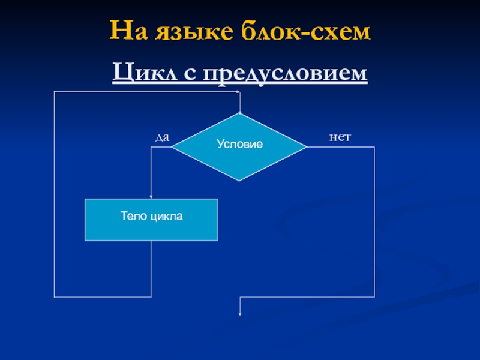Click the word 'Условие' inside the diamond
coord(239,145)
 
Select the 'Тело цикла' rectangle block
coord(151,220)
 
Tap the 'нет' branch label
coord(339,138)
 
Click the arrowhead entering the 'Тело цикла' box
coord(151,197)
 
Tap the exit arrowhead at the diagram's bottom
coord(240,313)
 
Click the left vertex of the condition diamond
coord(172,147)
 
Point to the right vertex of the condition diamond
coord(307,147)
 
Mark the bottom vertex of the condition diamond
coord(239,181)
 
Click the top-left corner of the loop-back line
coord(55,92)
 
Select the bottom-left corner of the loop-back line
coord(55,297)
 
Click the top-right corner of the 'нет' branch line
coord(374,147)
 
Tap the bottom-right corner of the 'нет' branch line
coord(374,297)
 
